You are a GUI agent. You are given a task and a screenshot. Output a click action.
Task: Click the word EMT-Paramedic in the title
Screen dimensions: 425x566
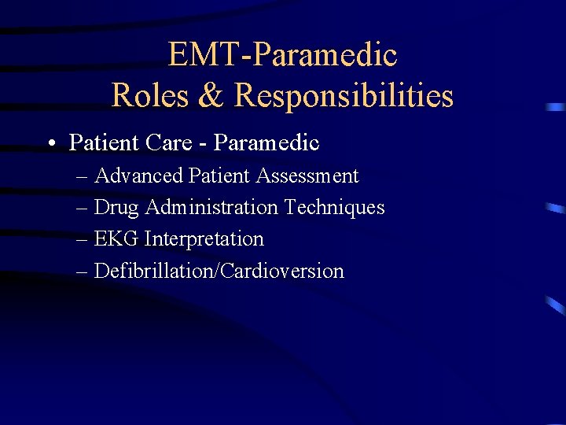pos(282,55)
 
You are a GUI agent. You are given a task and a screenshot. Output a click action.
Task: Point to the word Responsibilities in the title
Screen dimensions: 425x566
pos(344,96)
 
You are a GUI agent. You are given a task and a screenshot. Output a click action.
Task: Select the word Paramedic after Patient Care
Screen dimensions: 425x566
pos(266,143)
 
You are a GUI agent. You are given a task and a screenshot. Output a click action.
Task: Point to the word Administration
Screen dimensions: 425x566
pos(211,208)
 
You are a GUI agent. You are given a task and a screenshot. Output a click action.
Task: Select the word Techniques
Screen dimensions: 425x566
pos(334,208)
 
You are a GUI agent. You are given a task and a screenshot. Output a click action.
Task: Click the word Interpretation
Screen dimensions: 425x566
pos(204,239)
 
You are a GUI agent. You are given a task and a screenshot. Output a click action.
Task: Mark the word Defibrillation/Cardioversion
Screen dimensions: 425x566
pos(219,272)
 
